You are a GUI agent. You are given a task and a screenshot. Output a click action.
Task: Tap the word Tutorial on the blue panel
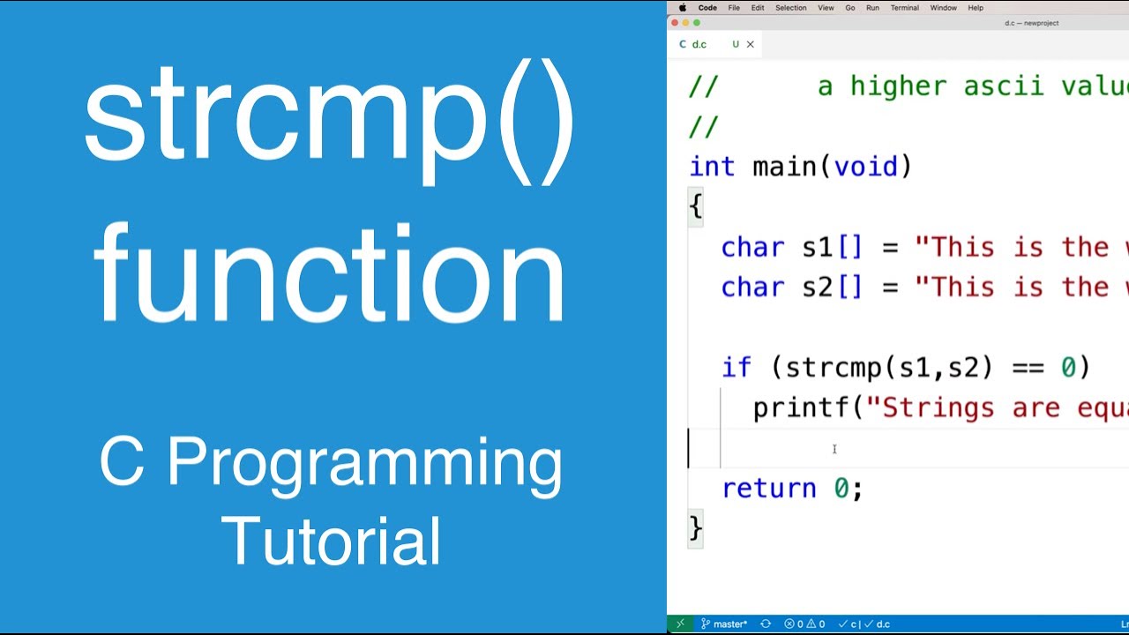tap(331, 541)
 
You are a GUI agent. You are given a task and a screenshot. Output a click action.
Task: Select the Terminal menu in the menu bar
tap(904, 8)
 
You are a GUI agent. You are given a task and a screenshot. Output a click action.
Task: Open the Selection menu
tap(790, 8)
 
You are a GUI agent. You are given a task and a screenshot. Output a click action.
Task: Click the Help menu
tap(976, 8)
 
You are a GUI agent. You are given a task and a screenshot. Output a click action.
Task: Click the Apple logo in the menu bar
tap(682, 8)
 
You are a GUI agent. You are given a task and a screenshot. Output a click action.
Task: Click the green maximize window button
tap(697, 23)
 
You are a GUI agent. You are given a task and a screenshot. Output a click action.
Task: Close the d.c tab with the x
tap(751, 44)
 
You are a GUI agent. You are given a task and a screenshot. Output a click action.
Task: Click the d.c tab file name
tap(699, 44)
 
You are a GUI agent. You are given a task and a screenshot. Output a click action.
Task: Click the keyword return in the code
tap(769, 488)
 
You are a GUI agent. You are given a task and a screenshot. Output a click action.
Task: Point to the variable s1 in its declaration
tap(817, 247)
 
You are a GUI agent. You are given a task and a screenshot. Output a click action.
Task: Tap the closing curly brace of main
tap(696, 527)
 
